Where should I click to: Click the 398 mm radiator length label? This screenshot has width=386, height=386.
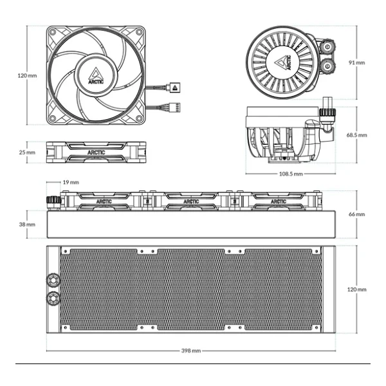(x=191, y=351)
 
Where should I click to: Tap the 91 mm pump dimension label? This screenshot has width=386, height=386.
(x=356, y=62)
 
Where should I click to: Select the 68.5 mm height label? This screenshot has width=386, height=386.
(x=356, y=135)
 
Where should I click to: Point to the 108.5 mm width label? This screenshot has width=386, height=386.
(x=291, y=174)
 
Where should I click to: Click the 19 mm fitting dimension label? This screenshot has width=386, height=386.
(x=71, y=182)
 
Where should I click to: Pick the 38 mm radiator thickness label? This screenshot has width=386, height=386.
(x=27, y=225)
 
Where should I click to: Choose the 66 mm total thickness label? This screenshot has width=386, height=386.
(x=356, y=214)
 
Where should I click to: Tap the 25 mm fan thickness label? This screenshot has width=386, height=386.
(x=27, y=152)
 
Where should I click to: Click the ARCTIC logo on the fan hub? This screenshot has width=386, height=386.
(x=96, y=76)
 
